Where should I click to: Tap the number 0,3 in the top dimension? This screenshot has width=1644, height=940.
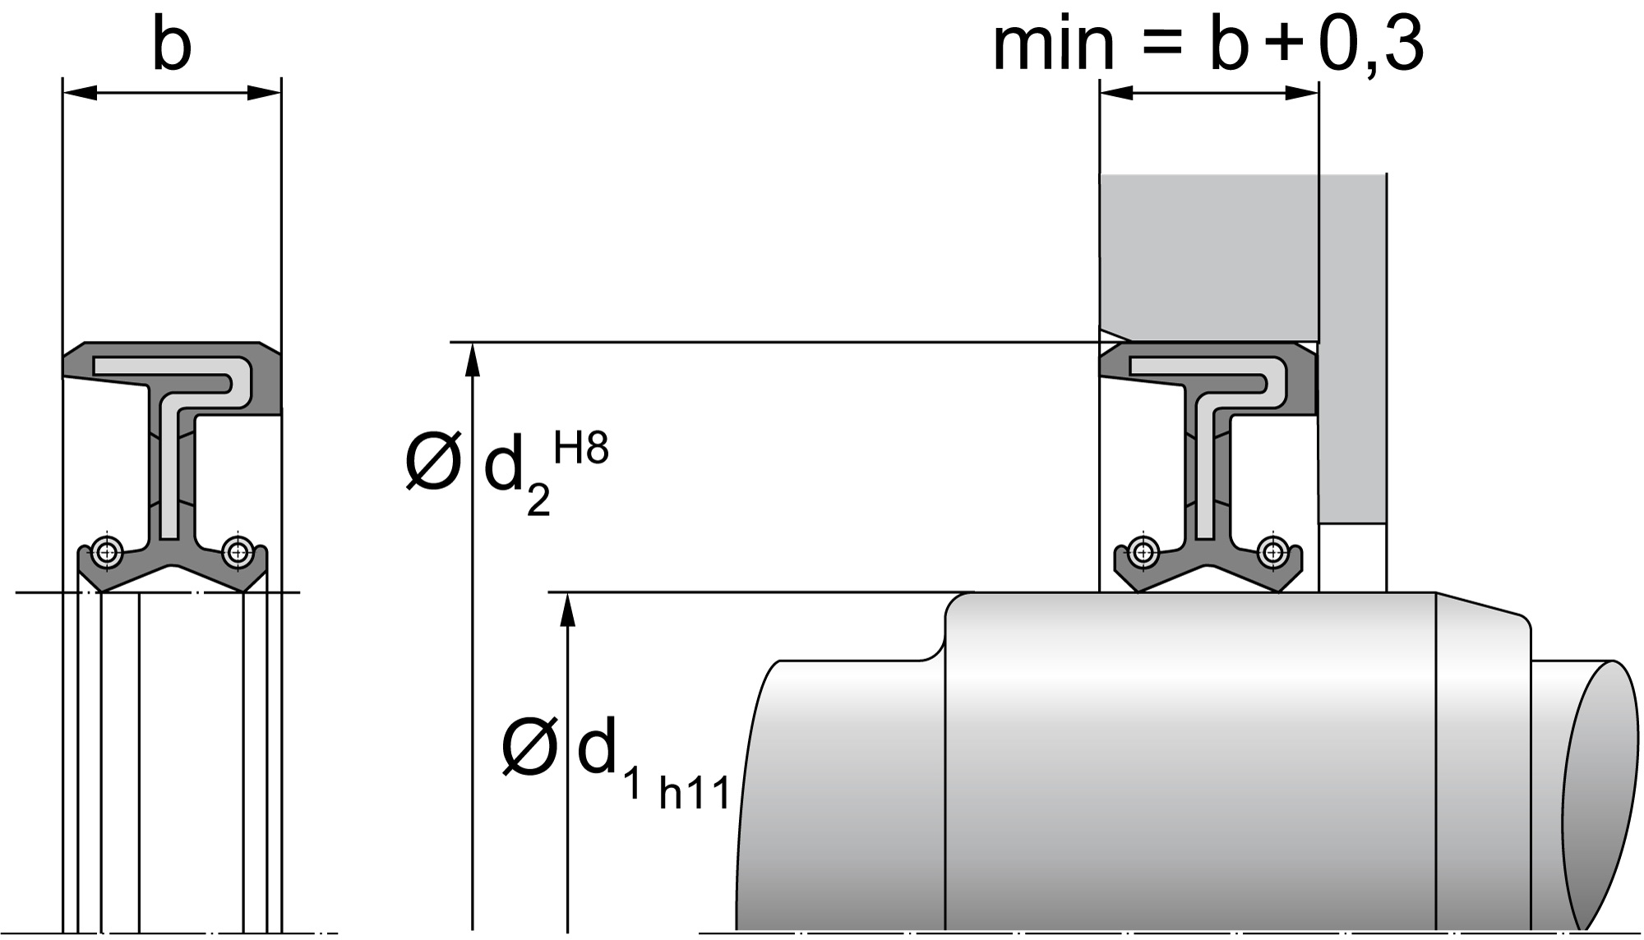pyautogui.click(x=1370, y=45)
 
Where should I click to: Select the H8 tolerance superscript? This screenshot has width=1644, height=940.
pyautogui.click(x=581, y=449)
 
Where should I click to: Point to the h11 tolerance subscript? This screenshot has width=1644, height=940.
pyautogui.click(x=695, y=794)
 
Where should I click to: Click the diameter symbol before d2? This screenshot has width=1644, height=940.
pyautogui.click(x=432, y=463)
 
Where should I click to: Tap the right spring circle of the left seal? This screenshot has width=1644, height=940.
pyautogui.click(x=238, y=551)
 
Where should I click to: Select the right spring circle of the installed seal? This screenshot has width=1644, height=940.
pyautogui.click(x=1273, y=551)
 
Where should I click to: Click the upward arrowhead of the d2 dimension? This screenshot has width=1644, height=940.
pyautogui.click(x=473, y=359)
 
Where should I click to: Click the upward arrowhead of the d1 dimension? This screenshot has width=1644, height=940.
pyautogui.click(x=568, y=610)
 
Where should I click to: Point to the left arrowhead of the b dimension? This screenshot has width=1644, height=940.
pyautogui.click(x=80, y=93)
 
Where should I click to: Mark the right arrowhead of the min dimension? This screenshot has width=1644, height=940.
pyautogui.click(x=1302, y=93)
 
